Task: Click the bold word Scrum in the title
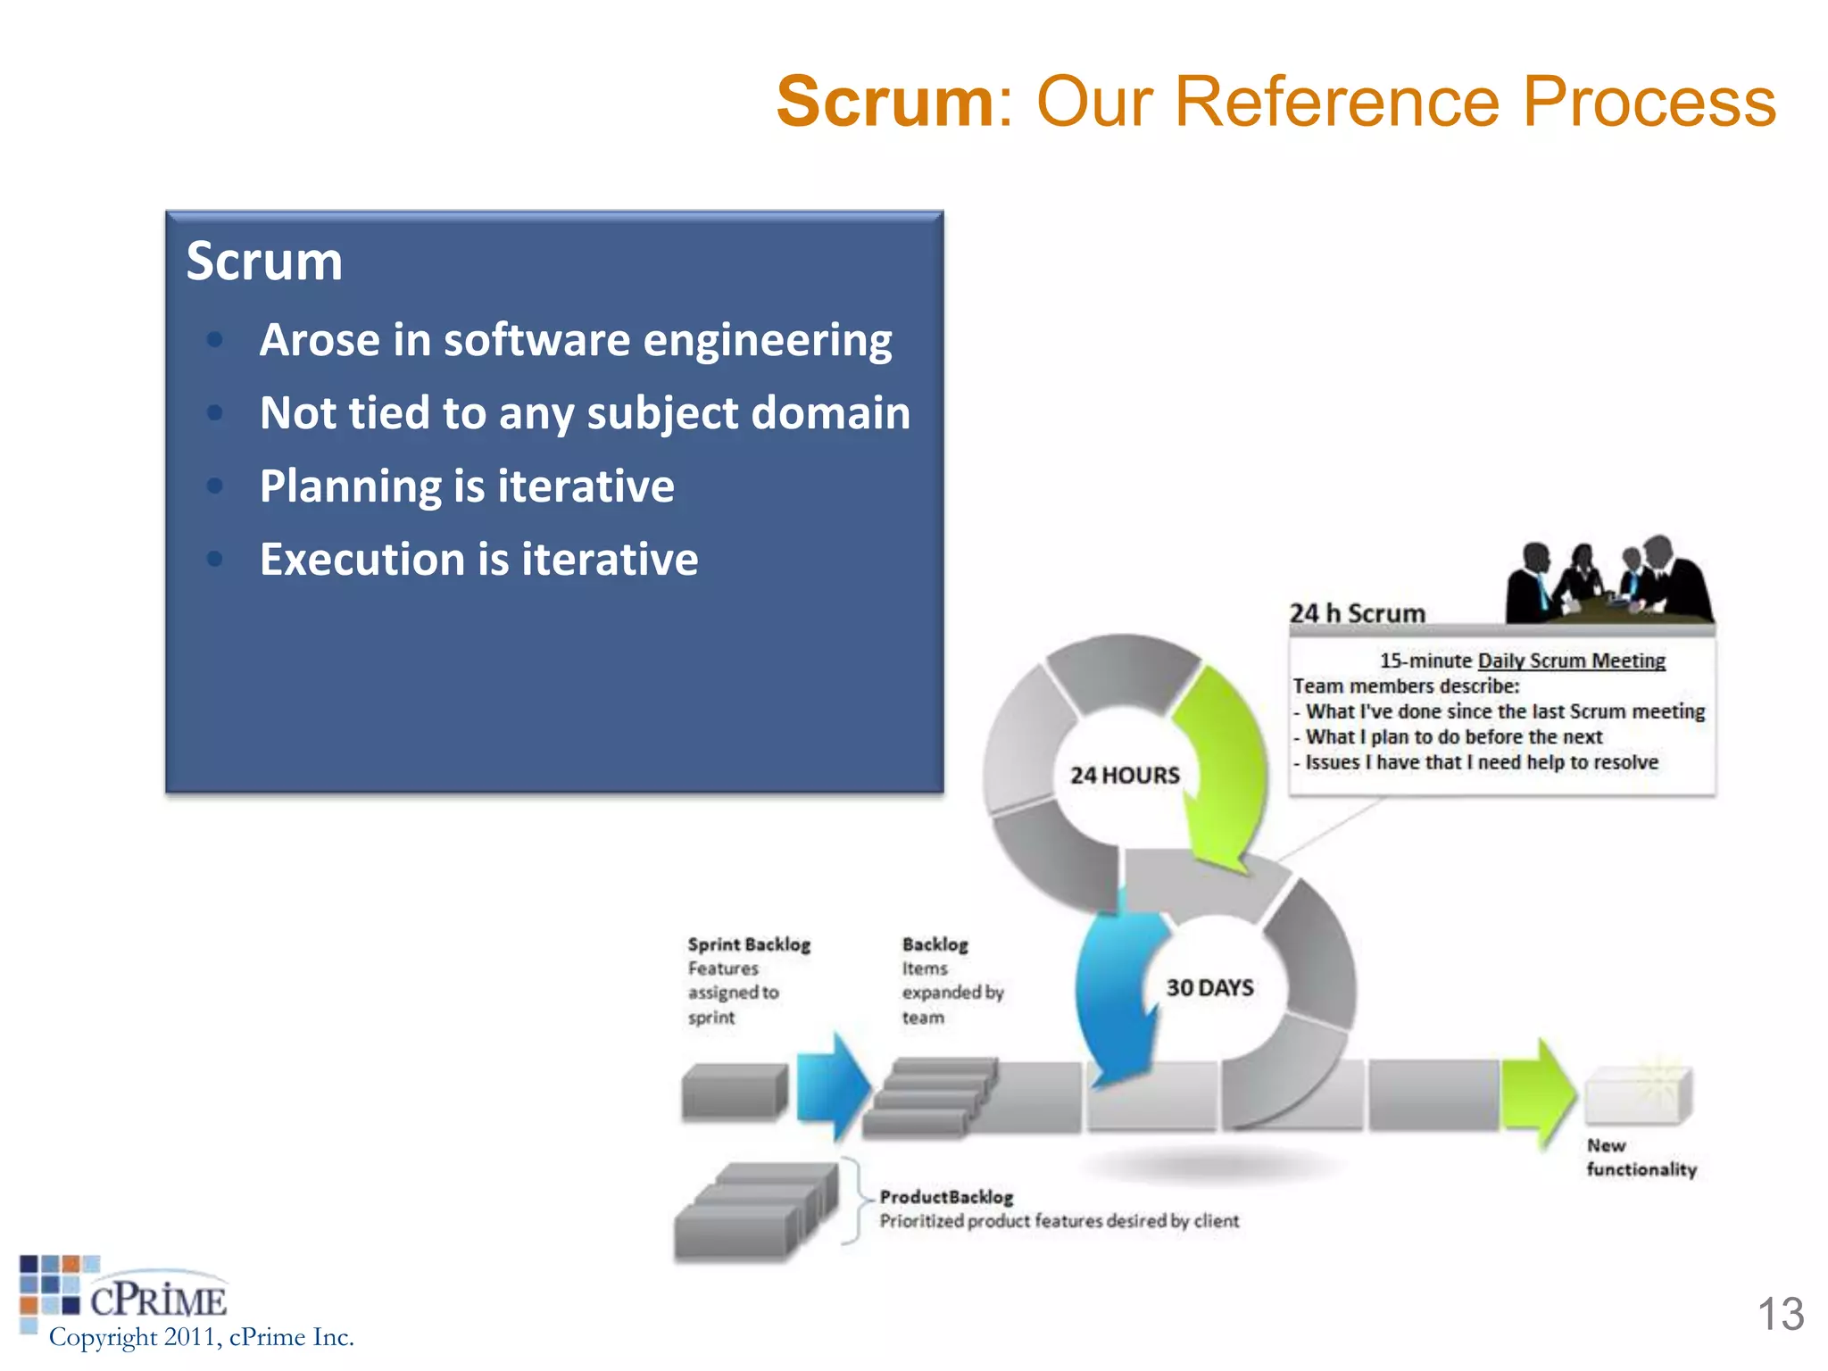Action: click(884, 102)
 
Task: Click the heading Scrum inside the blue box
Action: click(264, 262)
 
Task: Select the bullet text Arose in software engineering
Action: click(575, 340)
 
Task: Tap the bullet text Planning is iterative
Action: click(467, 486)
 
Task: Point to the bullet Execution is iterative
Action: click(478, 560)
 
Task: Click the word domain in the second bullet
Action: click(830, 413)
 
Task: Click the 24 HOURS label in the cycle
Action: click(1125, 776)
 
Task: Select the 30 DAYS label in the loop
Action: click(1209, 988)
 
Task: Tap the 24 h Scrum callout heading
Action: click(1357, 613)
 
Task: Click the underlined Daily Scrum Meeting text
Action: click(1571, 661)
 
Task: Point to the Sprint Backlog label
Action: click(749, 944)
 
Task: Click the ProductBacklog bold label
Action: click(946, 1197)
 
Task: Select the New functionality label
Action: click(1641, 1158)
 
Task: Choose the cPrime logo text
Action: click(158, 1300)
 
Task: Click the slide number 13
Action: click(1780, 1315)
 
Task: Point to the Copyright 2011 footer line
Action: click(202, 1337)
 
